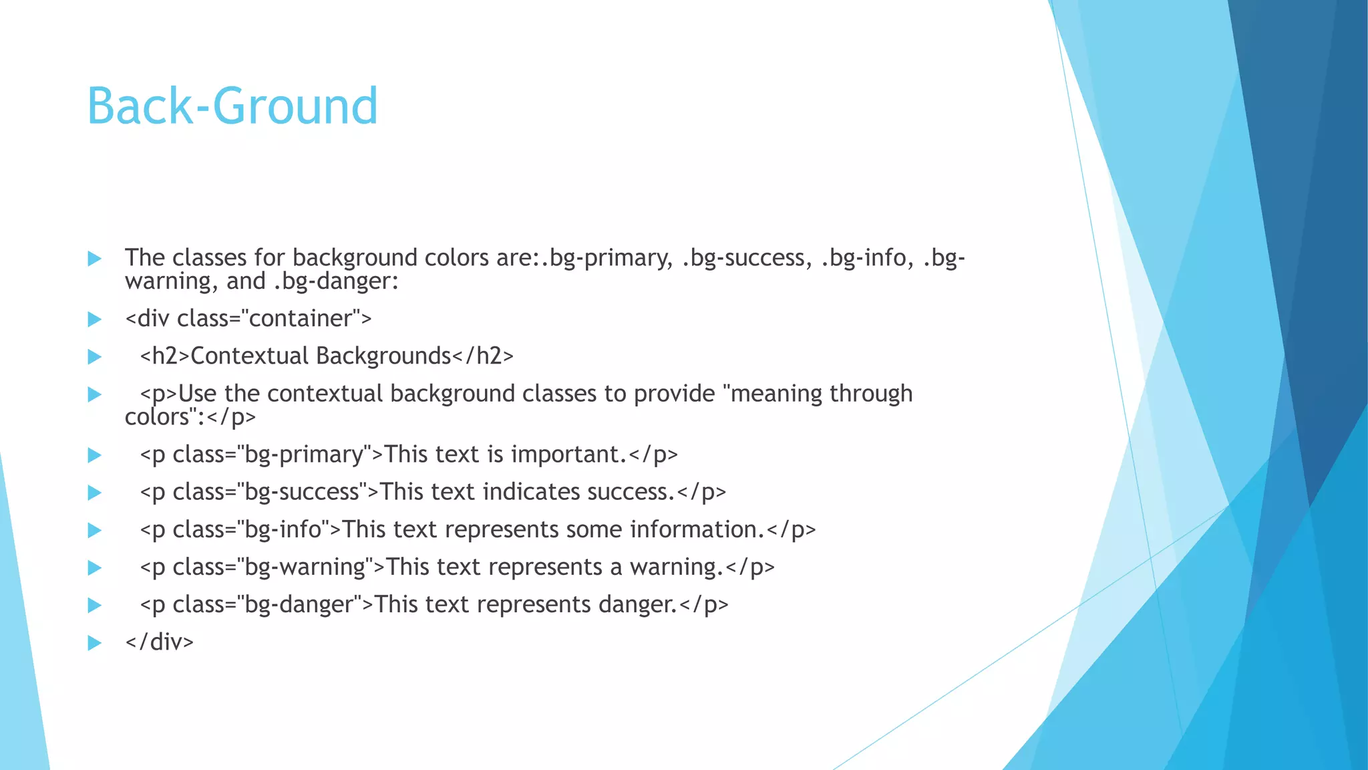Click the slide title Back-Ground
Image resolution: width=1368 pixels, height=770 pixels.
tap(232, 106)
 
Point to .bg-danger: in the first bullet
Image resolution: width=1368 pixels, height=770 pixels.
tap(336, 281)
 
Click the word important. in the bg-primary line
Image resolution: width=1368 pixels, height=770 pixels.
tap(568, 455)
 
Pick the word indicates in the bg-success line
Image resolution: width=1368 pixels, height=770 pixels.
tap(531, 492)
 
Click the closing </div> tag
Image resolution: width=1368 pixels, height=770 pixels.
tap(159, 642)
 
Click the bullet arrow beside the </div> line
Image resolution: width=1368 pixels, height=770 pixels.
tap(94, 643)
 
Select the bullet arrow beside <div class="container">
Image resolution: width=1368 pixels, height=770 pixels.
tap(94, 319)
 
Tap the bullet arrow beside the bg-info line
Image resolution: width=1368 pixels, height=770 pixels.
tap(94, 531)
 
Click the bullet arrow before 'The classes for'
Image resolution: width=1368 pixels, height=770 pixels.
tap(94, 259)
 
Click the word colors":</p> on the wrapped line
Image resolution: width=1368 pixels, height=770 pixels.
tap(190, 417)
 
